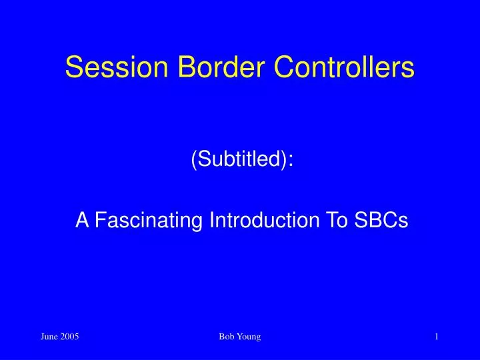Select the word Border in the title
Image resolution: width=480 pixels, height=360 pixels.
205,68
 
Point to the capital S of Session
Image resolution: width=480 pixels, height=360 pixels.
73,68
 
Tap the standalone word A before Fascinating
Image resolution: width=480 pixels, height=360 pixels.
82,221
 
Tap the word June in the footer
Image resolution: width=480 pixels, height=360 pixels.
49,338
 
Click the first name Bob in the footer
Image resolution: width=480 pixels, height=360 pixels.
226,338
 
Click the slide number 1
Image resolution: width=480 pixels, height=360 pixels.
436,338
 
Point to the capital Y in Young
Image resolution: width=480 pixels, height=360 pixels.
239,338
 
